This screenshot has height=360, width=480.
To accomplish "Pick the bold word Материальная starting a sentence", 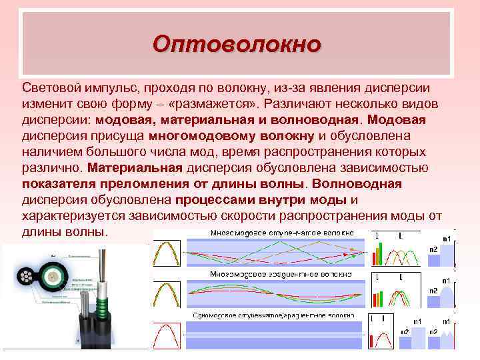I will (x=135, y=168).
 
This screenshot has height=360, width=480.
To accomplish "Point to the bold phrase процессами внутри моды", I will (x=261, y=200).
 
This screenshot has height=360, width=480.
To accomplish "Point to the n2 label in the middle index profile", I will (x=433, y=291).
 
